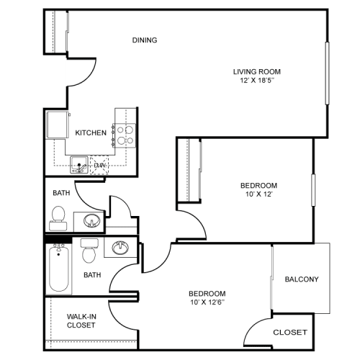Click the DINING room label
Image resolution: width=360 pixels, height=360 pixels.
(x=145, y=40)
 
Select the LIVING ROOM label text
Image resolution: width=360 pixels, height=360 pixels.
(x=256, y=71)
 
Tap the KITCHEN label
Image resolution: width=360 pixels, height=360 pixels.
(x=91, y=132)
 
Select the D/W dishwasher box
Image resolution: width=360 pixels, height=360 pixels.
(x=99, y=166)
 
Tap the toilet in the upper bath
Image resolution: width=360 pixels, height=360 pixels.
(x=58, y=215)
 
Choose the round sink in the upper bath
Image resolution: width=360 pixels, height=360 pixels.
(x=91, y=220)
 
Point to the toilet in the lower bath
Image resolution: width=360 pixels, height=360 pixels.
(x=89, y=251)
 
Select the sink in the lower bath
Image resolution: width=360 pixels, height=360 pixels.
(x=120, y=248)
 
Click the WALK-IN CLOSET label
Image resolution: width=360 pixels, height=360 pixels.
(x=81, y=320)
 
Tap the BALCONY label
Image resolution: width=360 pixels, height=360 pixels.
(x=302, y=279)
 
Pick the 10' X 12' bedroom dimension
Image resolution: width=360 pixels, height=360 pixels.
(x=258, y=194)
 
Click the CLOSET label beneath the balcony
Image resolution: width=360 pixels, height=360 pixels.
(x=290, y=333)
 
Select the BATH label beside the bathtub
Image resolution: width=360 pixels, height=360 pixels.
(x=91, y=274)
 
